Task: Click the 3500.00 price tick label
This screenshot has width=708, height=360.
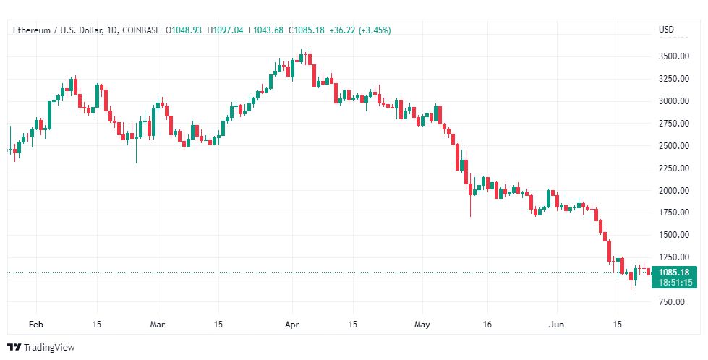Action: click(674, 56)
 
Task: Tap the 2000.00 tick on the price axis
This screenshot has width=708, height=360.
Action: click(674, 190)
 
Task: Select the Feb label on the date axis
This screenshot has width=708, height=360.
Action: click(35, 325)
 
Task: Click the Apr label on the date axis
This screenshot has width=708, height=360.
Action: click(292, 325)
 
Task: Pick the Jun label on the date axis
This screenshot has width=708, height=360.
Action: click(556, 325)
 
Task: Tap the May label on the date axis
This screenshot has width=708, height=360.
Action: click(422, 325)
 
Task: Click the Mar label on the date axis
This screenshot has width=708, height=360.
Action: click(158, 325)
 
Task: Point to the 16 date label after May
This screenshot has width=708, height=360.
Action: click(487, 325)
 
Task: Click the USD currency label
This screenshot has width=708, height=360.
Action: click(667, 30)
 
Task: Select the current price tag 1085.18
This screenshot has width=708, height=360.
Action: click(674, 273)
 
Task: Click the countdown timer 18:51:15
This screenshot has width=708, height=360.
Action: click(675, 283)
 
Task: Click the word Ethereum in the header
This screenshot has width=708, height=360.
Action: click(32, 30)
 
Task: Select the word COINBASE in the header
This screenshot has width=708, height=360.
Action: click(141, 30)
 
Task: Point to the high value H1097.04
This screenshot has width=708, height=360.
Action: click(225, 30)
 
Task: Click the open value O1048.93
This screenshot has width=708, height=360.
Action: click(183, 30)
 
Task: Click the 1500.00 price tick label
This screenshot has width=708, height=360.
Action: click(674, 235)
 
